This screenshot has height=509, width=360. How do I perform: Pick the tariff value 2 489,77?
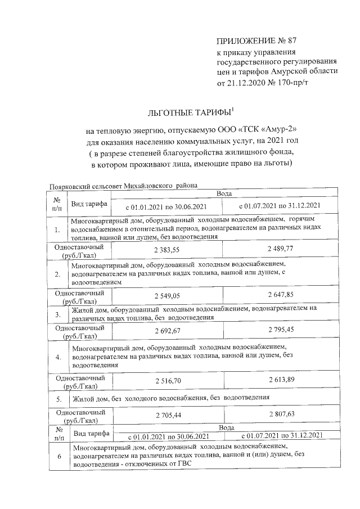[x=280, y=249]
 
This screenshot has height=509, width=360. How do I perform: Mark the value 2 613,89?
[x=280, y=381]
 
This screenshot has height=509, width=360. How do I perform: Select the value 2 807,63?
[x=280, y=416]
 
